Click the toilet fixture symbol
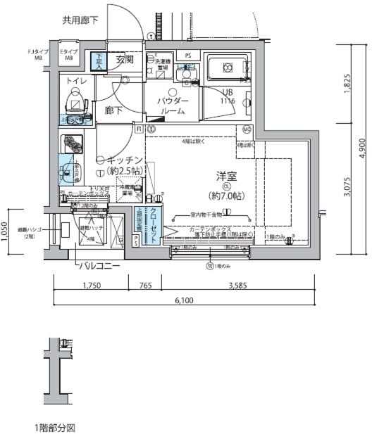75,105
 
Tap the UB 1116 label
228,97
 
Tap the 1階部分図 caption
54,427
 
